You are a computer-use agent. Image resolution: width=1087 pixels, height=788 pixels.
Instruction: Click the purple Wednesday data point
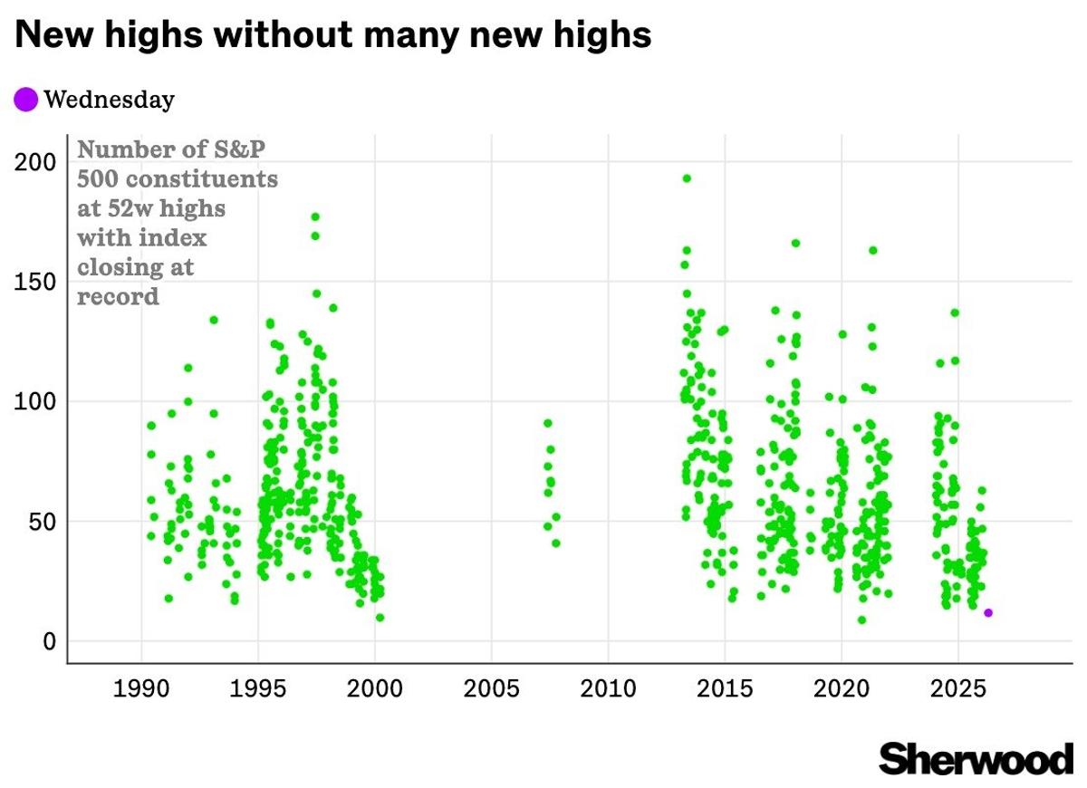[x=988, y=613]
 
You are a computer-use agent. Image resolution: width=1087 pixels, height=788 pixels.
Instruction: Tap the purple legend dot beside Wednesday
[x=26, y=100]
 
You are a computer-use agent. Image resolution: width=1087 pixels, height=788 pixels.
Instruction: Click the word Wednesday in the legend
[x=109, y=100]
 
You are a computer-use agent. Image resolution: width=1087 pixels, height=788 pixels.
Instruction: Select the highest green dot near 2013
[x=687, y=178]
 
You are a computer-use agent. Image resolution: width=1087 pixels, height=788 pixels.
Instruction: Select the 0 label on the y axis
[x=51, y=641]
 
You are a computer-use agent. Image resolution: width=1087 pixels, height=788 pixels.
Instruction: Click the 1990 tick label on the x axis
[x=141, y=688]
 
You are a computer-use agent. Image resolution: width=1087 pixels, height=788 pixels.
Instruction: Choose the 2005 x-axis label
[x=492, y=688]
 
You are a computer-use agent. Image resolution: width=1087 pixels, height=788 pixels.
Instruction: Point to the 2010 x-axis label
[x=609, y=688]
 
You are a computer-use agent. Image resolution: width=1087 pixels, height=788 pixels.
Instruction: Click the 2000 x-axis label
[x=375, y=688]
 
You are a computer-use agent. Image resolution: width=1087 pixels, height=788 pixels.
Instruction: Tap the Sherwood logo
[x=976, y=759]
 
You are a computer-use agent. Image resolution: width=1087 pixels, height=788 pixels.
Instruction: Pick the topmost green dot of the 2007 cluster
[x=547, y=423]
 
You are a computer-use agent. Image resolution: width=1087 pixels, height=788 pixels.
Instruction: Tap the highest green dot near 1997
[x=315, y=216]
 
